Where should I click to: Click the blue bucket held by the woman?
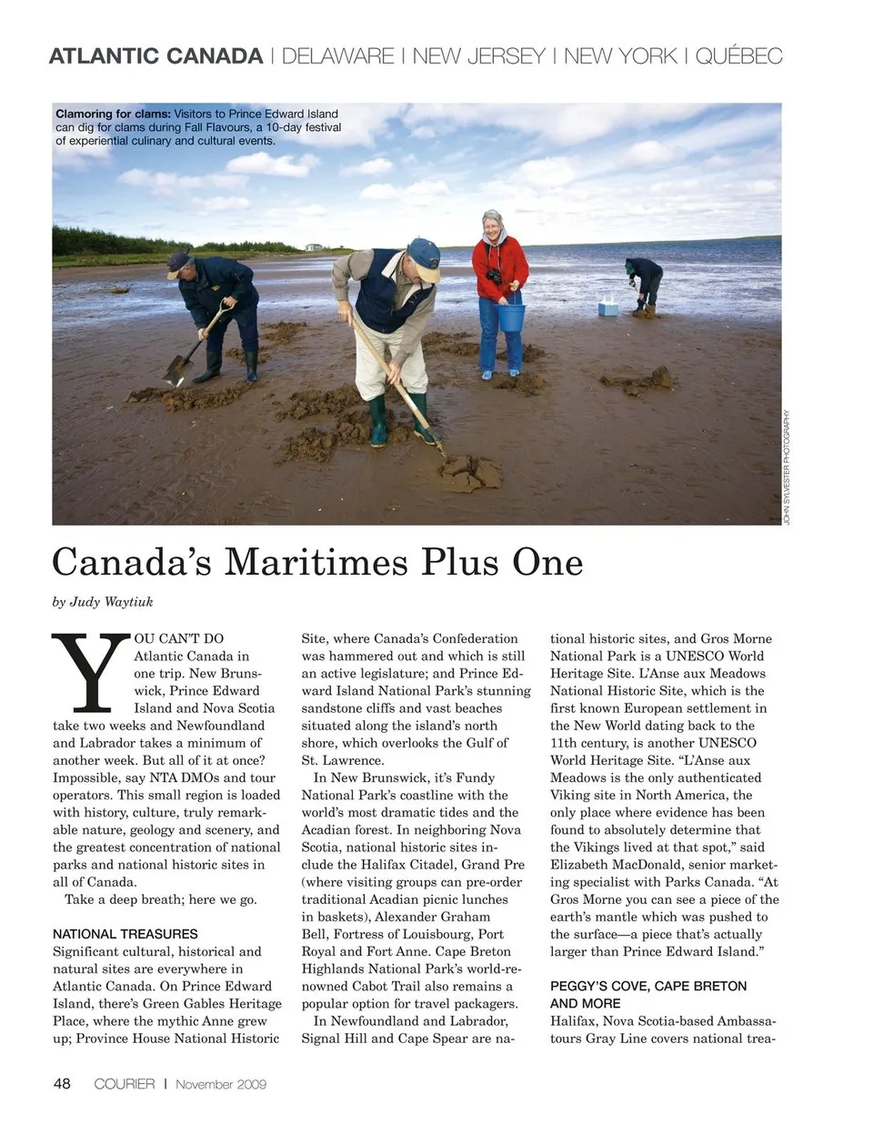click(511, 317)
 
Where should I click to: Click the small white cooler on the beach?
click(608, 307)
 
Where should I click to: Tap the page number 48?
click(62, 1083)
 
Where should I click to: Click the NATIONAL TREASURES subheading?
click(125, 934)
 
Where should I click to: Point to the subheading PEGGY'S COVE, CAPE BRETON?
click(647, 986)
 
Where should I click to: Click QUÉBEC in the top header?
click(738, 56)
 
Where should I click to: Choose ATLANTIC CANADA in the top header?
click(156, 56)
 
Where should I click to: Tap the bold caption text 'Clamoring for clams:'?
click(113, 114)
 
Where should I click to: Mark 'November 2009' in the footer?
click(221, 1084)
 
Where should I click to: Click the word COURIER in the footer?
click(125, 1084)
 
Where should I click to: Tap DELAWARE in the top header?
click(337, 56)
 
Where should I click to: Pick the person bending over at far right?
click(645, 284)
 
